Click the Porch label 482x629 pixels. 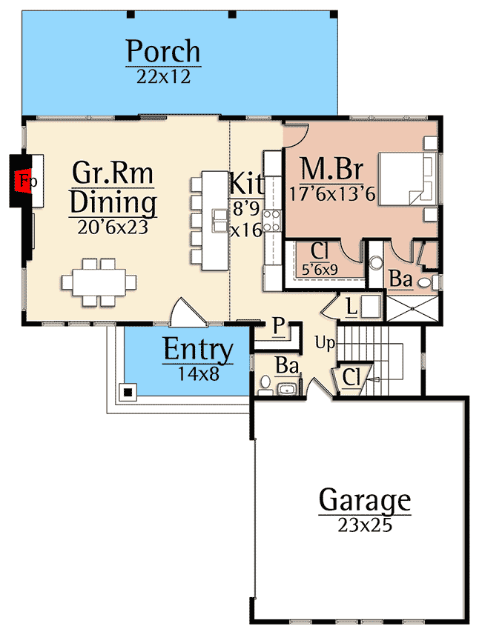click(163, 52)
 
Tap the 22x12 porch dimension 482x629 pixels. click(163, 76)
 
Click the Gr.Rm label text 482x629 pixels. click(113, 173)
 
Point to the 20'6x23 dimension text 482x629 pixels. click(113, 227)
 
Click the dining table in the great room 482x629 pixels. click(99, 282)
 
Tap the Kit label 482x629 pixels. click(245, 182)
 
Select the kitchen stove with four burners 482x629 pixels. click(272, 220)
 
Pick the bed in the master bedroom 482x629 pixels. click(404, 179)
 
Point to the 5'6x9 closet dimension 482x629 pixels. click(320, 270)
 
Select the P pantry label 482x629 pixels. click(278, 327)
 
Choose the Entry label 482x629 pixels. click(198, 350)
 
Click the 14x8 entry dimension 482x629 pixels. click(198, 373)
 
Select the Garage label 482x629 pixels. click(364, 501)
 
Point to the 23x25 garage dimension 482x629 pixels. click(364, 526)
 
